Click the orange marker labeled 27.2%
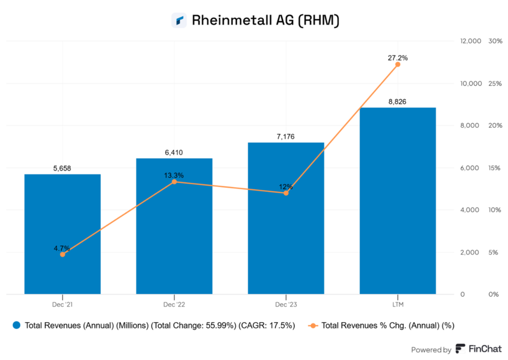[x=397, y=64]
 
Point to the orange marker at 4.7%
[x=63, y=254]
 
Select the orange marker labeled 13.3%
[x=174, y=182]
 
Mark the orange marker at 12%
[x=286, y=193]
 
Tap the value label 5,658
[x=63, y=169]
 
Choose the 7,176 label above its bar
[x=286, y=136]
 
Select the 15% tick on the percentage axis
[x=494, y=168]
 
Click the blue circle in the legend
[x=17, y=326]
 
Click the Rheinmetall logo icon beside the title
[x=179, y=20]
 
